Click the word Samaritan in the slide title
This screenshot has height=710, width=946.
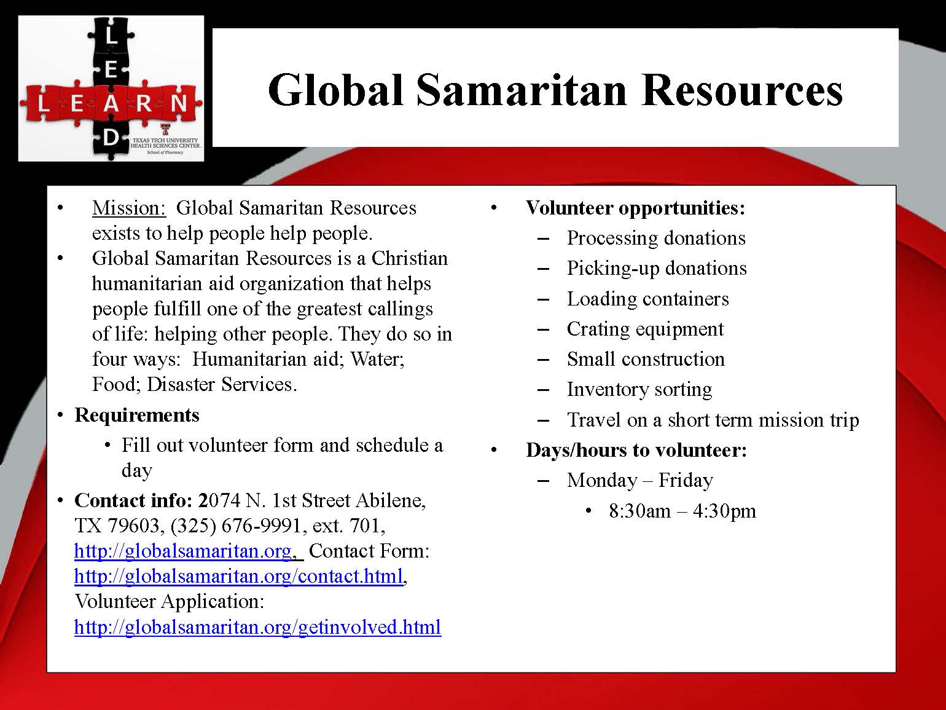pos(522,91)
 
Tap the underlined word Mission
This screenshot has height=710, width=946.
pos(129,208)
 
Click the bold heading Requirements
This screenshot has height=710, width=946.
pos(136,415)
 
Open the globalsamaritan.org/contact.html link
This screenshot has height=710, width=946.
pos(239,576)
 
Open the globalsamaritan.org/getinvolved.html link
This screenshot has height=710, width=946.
pos(258,627)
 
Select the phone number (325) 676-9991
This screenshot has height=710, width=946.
pos(235,526)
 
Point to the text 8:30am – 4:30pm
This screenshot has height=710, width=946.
pos(682,511)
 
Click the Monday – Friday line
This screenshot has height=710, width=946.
pos(640,481)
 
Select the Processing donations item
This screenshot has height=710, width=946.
pos(656,239)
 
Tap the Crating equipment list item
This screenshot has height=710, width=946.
pos(645,329)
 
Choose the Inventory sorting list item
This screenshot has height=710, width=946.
pos(639,390)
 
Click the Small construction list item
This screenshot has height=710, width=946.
pos(646,359)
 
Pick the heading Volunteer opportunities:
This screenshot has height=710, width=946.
pos(635,208)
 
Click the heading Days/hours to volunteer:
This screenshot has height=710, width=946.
pos(636,451)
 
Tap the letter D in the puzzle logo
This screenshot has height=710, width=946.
pos(111,138)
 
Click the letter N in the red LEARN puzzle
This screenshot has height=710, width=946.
pos(178,103)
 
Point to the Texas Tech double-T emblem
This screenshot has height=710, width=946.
pos(165,130)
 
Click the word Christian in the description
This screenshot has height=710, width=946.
pos(410,259)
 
